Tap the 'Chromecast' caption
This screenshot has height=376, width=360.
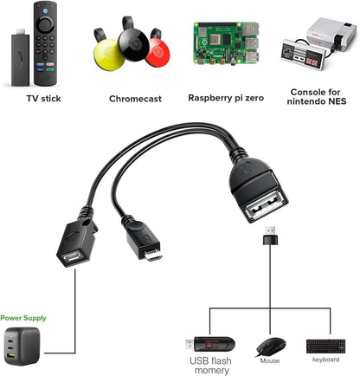click(135, 98)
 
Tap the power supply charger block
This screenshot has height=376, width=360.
click(26, 344)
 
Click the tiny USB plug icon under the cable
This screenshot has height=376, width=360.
click(270, 233)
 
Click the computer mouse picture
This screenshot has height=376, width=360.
click(267, 346)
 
